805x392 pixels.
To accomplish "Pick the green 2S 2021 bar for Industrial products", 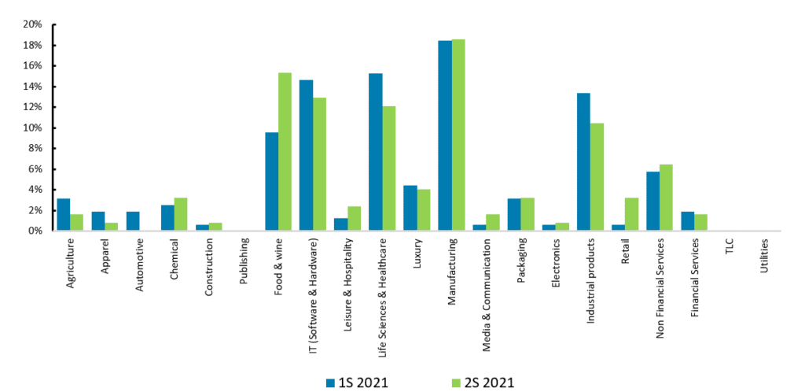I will click(597, 177).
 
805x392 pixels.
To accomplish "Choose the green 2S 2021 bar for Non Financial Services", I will click(666, 198).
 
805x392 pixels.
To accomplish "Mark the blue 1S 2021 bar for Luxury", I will click(410, 208).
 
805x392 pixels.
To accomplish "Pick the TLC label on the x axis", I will click(730, 249).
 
